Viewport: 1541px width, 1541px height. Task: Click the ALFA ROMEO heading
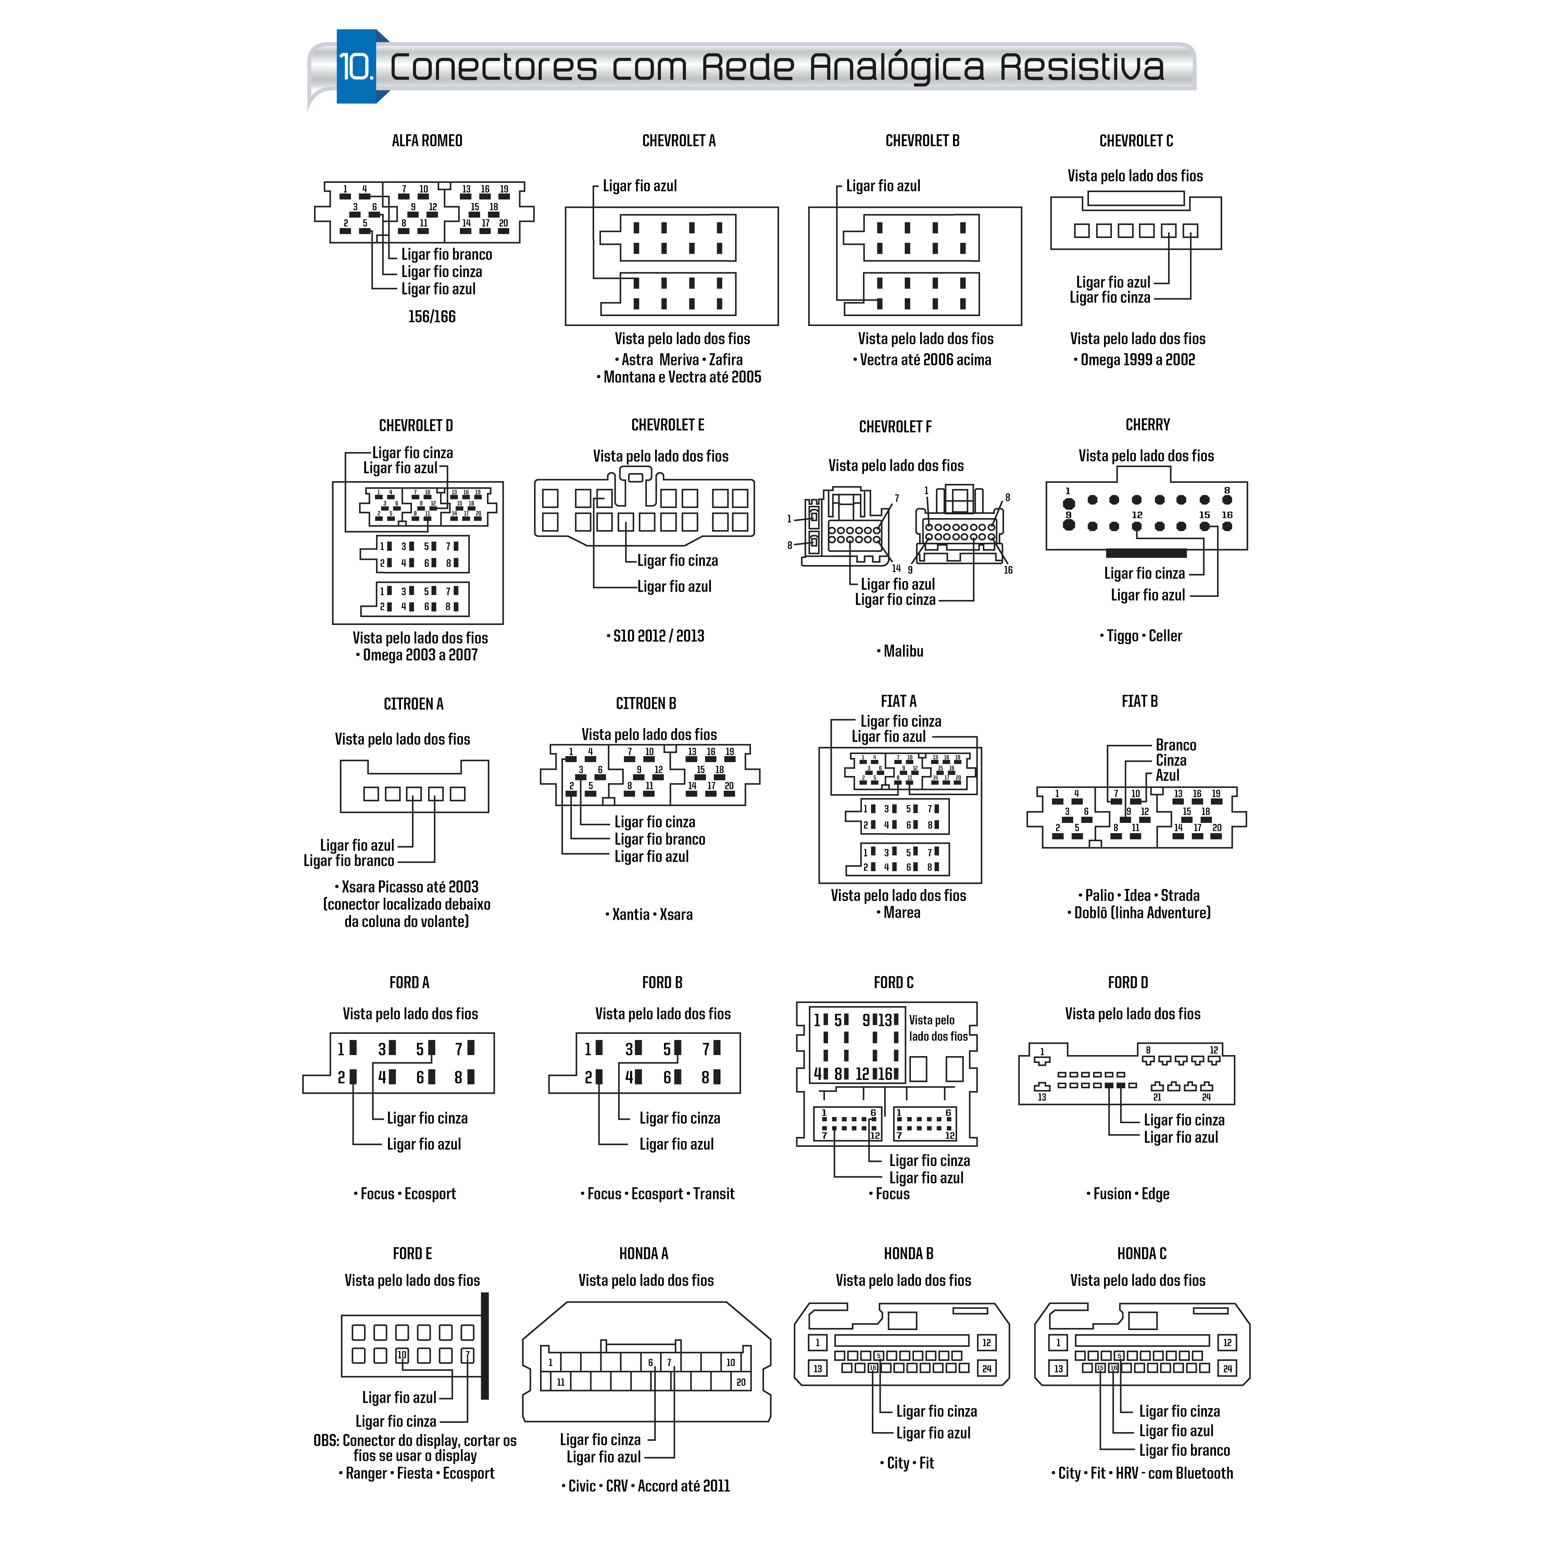[x=427, y=141]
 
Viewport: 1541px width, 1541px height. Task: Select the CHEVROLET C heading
[x=1136, y=141]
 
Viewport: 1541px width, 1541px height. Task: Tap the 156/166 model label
[x=431, y=317]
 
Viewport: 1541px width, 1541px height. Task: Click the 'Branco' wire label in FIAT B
[x=1176, y=745]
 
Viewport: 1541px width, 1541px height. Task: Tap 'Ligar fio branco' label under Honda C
[x=1185, y=1450]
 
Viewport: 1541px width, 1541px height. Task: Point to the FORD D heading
[x=1128, y=983]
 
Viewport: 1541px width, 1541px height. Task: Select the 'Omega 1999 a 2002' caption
[x=1137, y=360]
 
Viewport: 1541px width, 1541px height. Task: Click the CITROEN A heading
[x=413, y=704]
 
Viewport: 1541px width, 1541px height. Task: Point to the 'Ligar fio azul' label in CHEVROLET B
[x=883, y=186]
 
